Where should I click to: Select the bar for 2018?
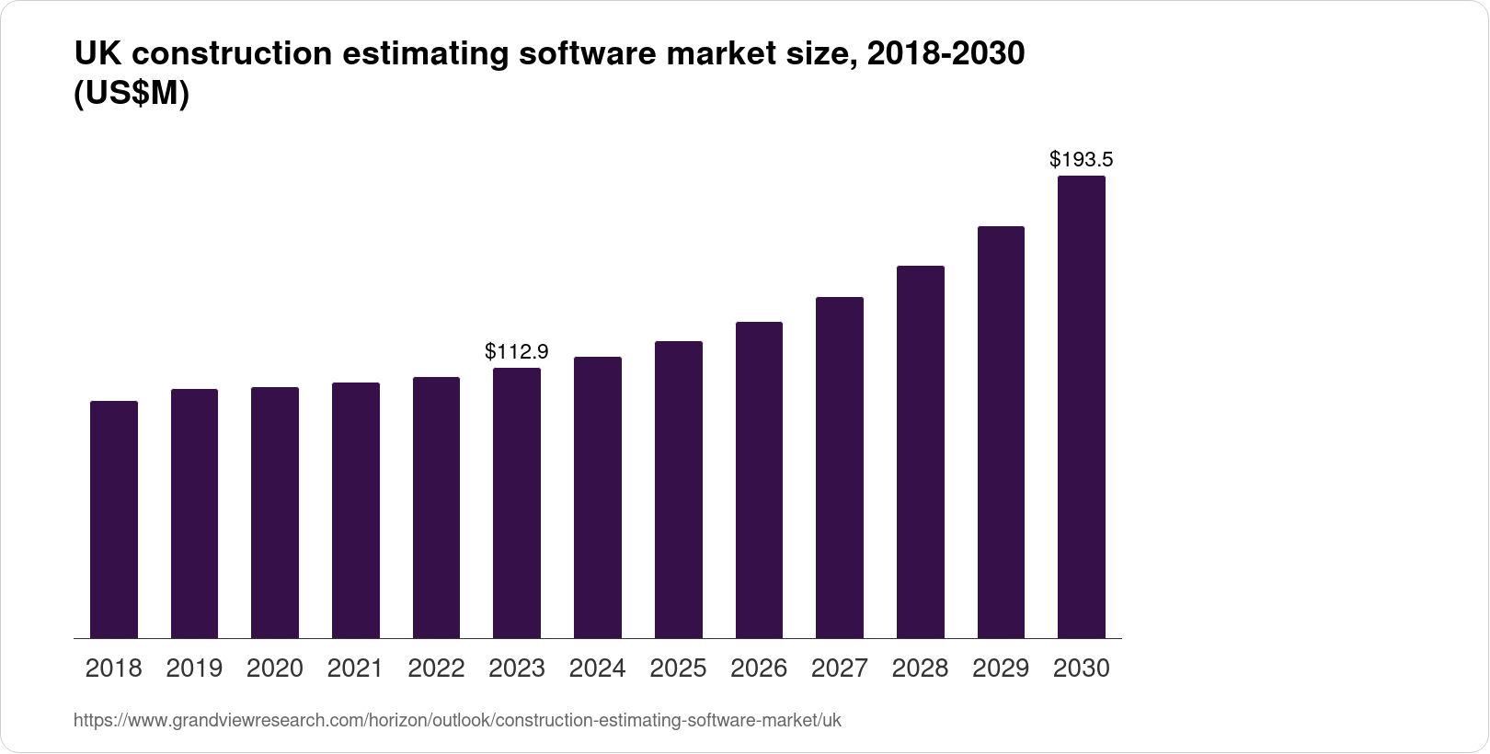[x=114, y=520]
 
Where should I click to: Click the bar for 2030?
[x=1082, y=407]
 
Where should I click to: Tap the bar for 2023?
[x=517, y=503]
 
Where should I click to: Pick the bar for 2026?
[x=759, y=480]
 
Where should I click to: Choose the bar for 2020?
[x=275, y=512]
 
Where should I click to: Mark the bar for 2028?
[x=921, y=451]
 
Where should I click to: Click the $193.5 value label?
[x=1082, y=159]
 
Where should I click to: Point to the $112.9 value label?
[x=517, y=351]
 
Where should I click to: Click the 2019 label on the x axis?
[x=194, y=668]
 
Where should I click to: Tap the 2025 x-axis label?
[x=678, y=668]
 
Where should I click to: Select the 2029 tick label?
[x=1001, y=668]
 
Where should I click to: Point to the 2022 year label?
[x=436, y=668]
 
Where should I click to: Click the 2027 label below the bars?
[x=840, y=668]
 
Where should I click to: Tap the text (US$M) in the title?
[x=131, y=95]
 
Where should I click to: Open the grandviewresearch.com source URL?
[x=457, y=721]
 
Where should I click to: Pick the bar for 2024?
[x=598, y=497]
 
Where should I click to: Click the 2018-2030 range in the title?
[x=946, y=54]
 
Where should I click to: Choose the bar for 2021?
[x=356, y=510]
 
